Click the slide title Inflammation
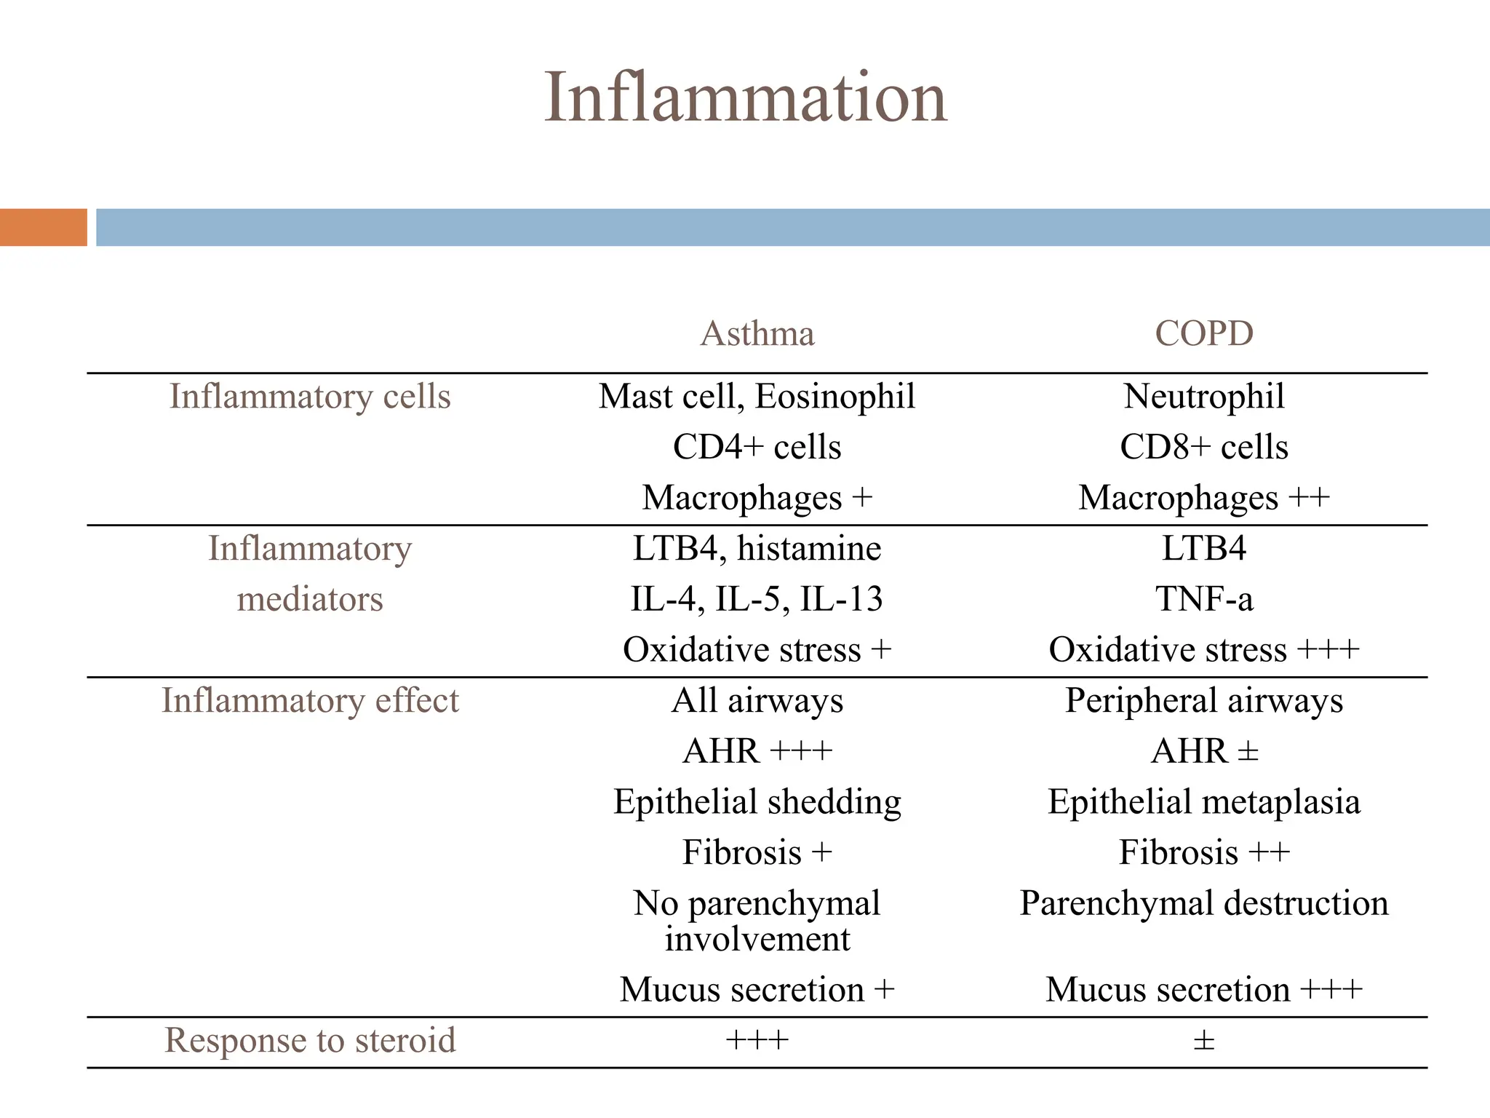(745, 98)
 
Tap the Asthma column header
(757, 333)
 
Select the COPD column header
(1204, 333)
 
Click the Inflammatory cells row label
(310, 397)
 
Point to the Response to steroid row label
(310, 1040)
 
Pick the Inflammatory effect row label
(310, 700)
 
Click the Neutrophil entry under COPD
(1204, 397)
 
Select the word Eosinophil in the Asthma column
(835, 397)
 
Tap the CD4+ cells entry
(757, 447)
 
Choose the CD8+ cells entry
(1204, 447)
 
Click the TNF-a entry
(1204, 599)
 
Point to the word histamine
(809, 548)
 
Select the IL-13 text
(842, 599)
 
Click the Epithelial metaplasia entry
(1204, 801)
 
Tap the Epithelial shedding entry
(757, 801)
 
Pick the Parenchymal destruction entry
(1204, 903)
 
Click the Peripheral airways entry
(1204, 700)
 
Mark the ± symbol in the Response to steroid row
(1204, 1041)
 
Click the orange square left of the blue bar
(44, 227)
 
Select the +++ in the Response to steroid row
(757, 1041)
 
